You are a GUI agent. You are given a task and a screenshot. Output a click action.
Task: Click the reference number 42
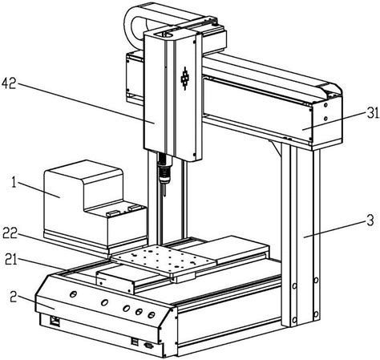pos(9,83)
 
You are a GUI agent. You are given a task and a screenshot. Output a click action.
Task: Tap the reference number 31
pos(373,114)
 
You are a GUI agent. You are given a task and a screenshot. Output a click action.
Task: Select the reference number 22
pos(10,233)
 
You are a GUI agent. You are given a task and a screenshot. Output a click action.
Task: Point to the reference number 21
pos(11,260)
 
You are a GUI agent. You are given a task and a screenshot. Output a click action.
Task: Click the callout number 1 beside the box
pos(14,184)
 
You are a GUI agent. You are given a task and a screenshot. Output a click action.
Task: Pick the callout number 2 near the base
pos(13,297)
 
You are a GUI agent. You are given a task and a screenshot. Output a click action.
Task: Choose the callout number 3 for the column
pos(370,220)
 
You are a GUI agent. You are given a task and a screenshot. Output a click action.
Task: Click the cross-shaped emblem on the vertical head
pos(185,79)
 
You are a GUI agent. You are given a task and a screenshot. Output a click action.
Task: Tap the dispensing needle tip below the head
pos(165,195)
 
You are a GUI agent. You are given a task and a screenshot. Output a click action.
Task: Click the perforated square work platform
pos(164,259)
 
